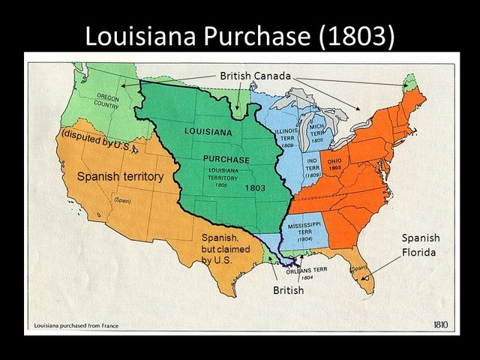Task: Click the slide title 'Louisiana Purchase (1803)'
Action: (x=239, y=36)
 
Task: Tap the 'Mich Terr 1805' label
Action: (x=316, y=134)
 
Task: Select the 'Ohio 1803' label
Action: (x=334, y=163)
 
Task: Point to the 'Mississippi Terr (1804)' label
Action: (x=304, y=231)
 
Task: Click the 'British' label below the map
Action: (x=288, y=290)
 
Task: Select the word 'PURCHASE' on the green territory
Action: (x=225, y=160)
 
